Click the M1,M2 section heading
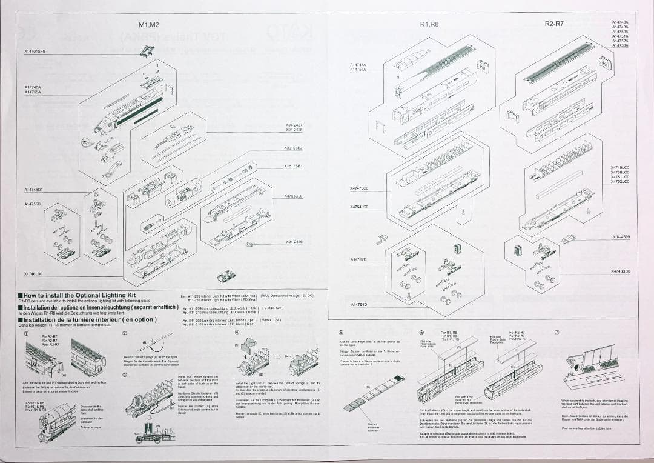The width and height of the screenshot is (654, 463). pyautogui.click(x=148, y=25)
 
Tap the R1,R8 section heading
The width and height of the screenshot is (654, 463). pyautogui.click(x=429, y=24)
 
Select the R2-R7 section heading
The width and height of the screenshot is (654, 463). pyautogui.click(x=553, y=24)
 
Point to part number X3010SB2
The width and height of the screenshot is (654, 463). pyautogui.click(x=293, y=148)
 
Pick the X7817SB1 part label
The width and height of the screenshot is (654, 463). pyautogui.click(x=293, y=165)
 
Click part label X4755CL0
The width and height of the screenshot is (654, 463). pyautogui.click(x=293, y=196)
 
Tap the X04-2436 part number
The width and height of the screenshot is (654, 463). pyautogui.click(x=294, y=241)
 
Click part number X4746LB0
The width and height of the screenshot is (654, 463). pyautogui.click(x=33, y=273)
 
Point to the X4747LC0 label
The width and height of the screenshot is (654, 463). pyautogui.click(x=359, y=188)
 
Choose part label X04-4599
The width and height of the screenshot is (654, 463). pyautogui.click(x=621, y=237)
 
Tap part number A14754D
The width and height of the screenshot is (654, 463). pyautogui.click(x=359, y=304)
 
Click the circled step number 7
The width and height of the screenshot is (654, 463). pyautogui.click(x=557, y=333)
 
